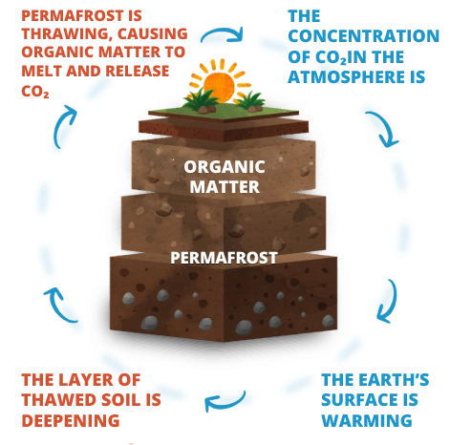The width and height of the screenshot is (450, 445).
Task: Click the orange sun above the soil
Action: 219,82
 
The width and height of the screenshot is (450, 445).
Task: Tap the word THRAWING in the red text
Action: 66,33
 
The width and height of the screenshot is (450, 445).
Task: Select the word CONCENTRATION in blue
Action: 363,36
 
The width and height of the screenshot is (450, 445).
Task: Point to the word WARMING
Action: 367,420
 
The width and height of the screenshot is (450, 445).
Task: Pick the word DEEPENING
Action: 71,420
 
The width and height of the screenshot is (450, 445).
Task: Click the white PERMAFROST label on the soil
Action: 224,258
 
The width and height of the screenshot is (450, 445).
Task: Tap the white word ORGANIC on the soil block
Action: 225,167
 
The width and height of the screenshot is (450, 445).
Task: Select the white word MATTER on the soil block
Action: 225,187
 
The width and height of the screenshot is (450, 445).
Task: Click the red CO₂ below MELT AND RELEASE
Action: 35,92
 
